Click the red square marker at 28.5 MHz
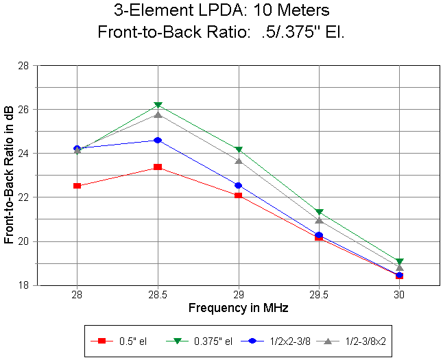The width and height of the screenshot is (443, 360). click(158, 167)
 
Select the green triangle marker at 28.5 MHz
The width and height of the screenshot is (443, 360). click(158, 105)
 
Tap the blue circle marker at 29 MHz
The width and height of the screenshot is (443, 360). click(238, 185)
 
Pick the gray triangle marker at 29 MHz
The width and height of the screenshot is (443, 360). click(238, 161)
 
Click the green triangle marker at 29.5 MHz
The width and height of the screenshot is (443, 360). click(319, 212)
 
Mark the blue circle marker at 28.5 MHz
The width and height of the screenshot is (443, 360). click(158, 140)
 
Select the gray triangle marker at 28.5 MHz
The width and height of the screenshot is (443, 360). click(158, 114)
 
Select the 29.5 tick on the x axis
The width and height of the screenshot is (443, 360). click(319, 294)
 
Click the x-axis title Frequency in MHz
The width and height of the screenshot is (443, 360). click(238, 308)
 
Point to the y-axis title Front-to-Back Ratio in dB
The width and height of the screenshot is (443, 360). click(9, 176)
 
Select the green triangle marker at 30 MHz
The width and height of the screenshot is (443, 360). click(399, 261)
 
